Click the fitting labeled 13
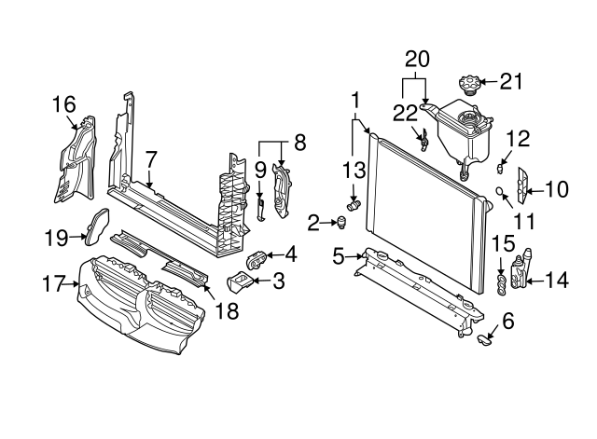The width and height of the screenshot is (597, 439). click(354, 203)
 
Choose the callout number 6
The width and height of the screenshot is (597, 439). click(507, 321)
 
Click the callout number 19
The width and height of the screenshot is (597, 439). click(57, 238)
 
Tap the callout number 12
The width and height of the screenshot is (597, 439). click(518, 139)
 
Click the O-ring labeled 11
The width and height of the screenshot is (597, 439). click(502, 193)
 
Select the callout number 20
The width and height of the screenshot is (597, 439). click(417, 58)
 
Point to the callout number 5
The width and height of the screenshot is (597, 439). click(340, 253)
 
